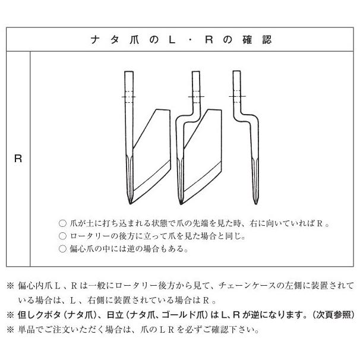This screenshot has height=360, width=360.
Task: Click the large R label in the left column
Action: pos(18,160)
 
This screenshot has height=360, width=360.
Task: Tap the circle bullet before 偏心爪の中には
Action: pos(64,250)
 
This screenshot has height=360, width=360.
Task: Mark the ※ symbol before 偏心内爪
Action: pos(11,287)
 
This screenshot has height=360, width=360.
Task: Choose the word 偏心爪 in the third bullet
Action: pos(83,250)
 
